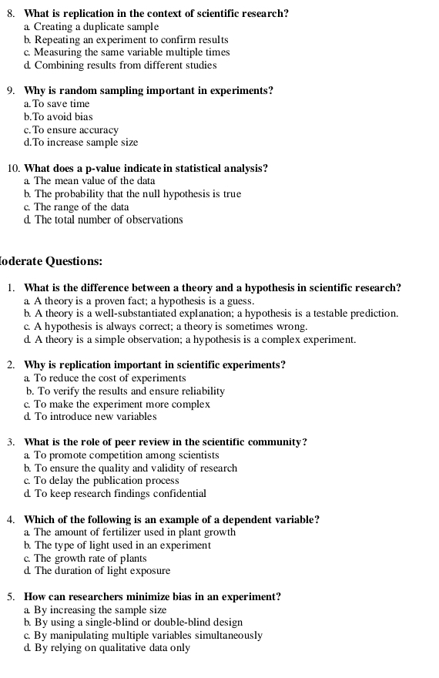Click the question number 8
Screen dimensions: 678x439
tap(12, 14)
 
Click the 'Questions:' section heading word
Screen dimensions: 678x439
tap(74, 261)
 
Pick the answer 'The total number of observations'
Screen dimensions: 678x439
tap(109, 220)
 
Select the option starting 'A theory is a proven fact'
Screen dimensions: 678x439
tap(144, 301)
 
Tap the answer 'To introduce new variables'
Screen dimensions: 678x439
tap(96, 417)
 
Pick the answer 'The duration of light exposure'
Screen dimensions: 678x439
tap(102, 571)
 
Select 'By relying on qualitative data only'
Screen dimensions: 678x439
tap(112, 648)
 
